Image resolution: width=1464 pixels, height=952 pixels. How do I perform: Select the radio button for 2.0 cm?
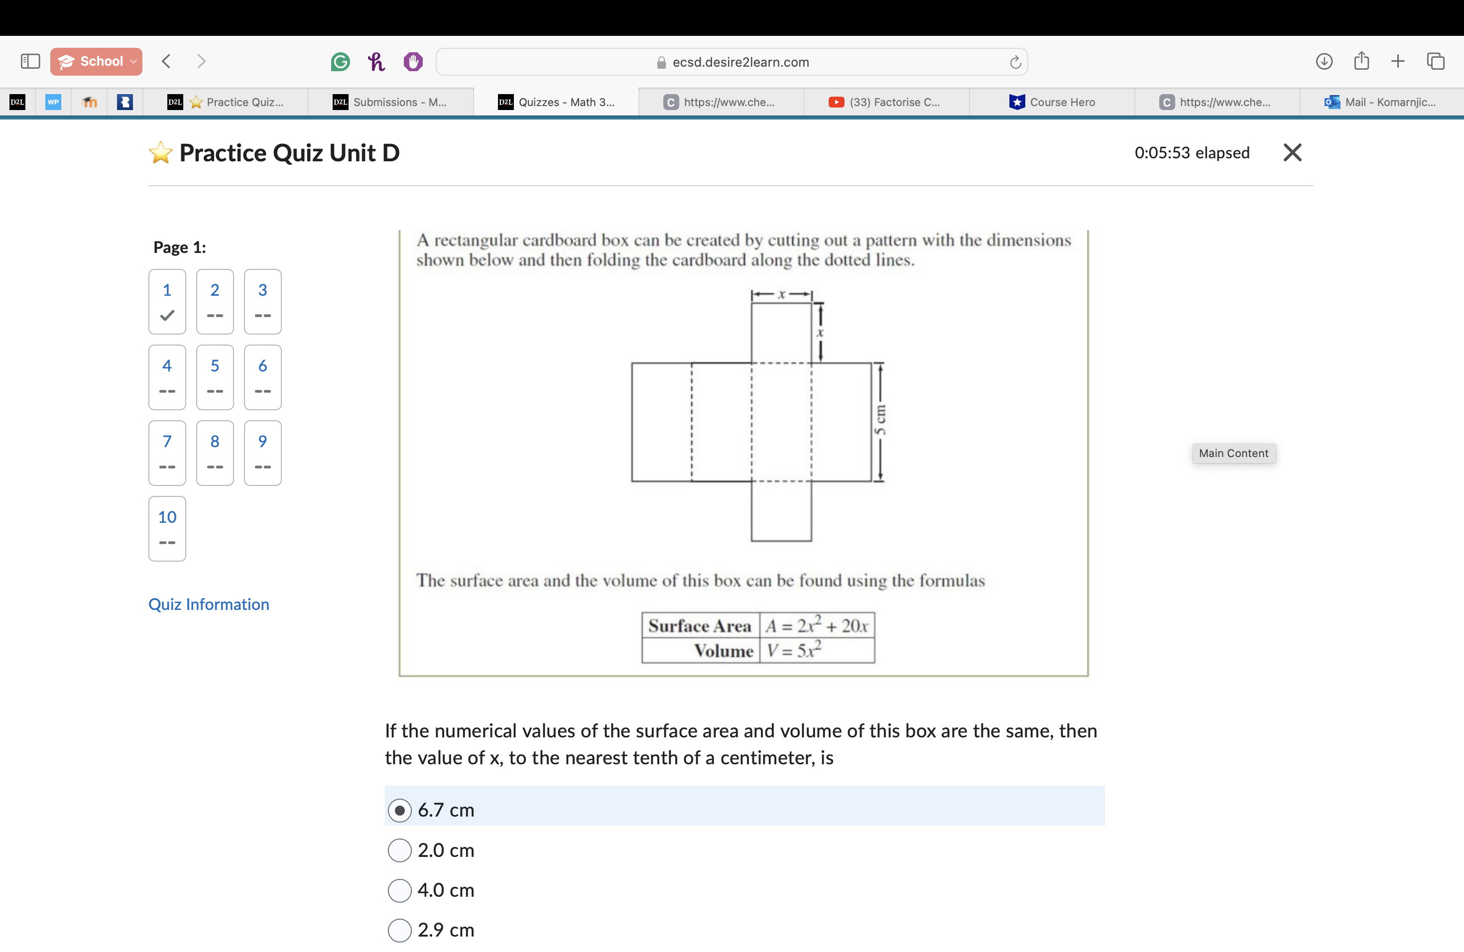coord(399,850)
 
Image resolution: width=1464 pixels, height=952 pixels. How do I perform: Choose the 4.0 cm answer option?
coord(399,890)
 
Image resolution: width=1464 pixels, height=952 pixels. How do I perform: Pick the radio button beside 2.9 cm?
coord(399,930)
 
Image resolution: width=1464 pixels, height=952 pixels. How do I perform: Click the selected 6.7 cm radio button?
coord(399,810)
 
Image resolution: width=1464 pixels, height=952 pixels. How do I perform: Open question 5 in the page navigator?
coord(215,377)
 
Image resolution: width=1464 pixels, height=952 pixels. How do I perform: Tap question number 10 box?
coord(167,528)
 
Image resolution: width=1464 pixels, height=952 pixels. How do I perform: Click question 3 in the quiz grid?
coord(262,301)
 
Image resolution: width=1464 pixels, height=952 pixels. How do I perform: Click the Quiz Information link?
coord(209,604)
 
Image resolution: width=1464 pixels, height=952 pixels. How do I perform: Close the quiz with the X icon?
coord(1292,152)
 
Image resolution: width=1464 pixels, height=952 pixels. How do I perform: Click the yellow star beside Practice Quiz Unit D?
coord(160,153)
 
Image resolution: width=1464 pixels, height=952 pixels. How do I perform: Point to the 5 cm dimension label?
coord(880,421)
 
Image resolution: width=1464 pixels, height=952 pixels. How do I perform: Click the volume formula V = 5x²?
coord(794,651)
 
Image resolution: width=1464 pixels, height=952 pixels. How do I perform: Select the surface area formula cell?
coord(816,626)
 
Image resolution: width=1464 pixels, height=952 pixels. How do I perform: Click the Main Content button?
coord(1233,453)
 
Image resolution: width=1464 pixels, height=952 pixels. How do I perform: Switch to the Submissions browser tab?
coord(390,102)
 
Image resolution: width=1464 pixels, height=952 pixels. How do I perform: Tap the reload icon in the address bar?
coord(1015,62)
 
